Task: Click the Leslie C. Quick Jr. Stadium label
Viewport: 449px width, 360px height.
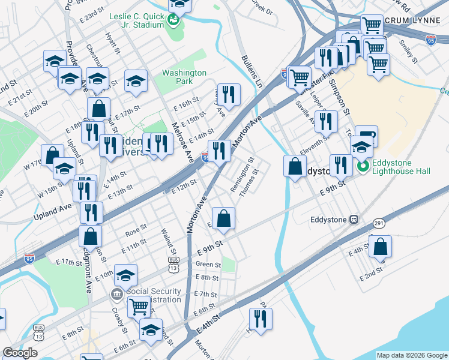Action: click(136, 20)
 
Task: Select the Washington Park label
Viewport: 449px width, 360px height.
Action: click(184, 77)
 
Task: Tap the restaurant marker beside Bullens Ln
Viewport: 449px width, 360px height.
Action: click(228, 94)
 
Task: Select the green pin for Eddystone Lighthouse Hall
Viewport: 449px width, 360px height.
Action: click(363, 166)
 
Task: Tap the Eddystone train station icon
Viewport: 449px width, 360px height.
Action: click(354, 220)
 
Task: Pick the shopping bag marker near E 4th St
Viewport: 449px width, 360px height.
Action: click(380, 246)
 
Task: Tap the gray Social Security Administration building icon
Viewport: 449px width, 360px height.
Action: click(116, 295)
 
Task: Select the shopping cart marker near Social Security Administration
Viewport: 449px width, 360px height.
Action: click(139, 306)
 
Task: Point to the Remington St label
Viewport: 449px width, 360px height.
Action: click(243, 175)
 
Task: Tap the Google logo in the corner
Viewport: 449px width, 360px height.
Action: click(20, 353)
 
